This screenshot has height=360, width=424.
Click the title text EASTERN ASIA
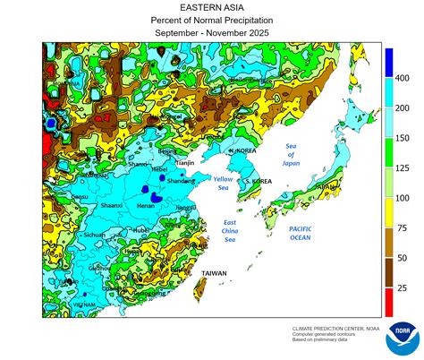click(x=212, y=7)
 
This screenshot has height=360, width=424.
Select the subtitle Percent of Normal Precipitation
click(x=212, y=20)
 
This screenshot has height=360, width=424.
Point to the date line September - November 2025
click(x=212, y=33)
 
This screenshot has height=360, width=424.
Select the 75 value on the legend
click(x=403, y=227)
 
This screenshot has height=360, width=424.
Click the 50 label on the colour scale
click(x=403, y=258)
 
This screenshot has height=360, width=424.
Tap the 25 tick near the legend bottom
click(x=403, y=287)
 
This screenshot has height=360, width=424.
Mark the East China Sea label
click(x=230, y=230)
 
